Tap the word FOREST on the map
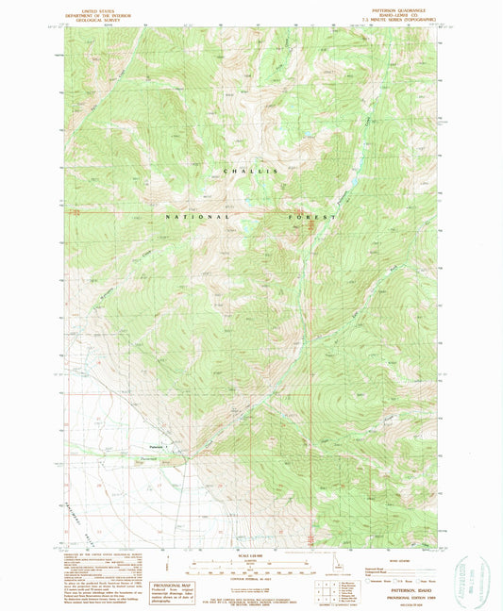click(310, 217)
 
